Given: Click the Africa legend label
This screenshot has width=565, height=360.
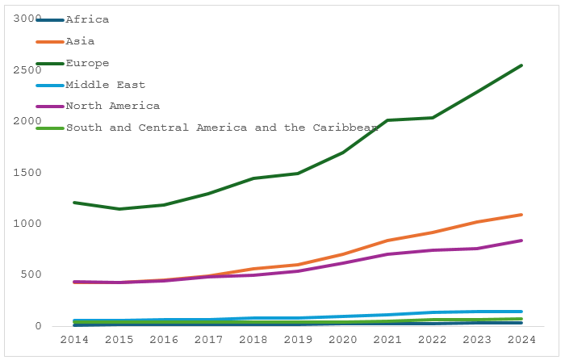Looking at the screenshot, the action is click(87, 19).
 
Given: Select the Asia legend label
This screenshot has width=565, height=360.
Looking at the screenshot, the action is click(80, 41).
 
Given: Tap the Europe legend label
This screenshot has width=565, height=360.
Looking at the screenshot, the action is click(87, 64).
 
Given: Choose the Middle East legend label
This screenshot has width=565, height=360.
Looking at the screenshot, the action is click(105, 85).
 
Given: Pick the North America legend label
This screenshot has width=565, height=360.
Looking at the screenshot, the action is click(113, 106).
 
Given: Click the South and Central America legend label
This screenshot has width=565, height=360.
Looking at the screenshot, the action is click(222, 128).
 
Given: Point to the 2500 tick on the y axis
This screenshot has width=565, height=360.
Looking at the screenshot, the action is click(27, 70).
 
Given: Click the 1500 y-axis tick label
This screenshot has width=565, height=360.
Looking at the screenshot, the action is click(27, 173).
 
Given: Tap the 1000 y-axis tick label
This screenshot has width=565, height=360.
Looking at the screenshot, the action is click(27, 224).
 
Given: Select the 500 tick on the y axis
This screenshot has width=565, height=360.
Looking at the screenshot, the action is click(31, 274).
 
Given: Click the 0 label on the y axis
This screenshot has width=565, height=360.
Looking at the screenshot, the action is click(38, 326).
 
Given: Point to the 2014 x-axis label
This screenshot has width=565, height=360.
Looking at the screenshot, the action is click(74, 340).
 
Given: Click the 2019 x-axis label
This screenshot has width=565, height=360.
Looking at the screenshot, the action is click(298, 340).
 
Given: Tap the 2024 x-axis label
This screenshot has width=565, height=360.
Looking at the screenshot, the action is click(521, 340).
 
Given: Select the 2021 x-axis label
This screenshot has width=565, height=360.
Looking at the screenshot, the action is click(387, 340).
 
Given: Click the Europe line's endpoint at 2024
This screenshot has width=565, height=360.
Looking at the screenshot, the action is click(521, 65).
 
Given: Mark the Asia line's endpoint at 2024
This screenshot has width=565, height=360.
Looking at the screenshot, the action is click(521, 215).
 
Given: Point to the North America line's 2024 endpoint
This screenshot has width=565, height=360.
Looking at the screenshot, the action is click(521, 241).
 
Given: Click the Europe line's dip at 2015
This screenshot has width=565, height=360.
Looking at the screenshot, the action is click(119, 209).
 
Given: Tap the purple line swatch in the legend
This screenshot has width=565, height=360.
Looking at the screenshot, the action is click(50, 107).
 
